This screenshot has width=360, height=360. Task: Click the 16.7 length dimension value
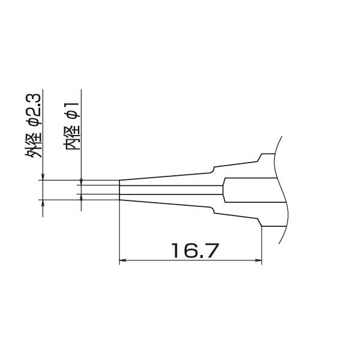191,250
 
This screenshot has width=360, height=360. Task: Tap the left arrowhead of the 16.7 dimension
124,260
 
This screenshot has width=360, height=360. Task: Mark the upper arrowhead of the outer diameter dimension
42,176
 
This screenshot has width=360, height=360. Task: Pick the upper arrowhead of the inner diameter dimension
80,181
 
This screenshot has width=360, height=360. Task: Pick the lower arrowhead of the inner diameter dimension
80,199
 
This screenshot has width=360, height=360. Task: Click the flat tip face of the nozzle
120,190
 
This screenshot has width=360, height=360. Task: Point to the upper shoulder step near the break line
259,158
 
